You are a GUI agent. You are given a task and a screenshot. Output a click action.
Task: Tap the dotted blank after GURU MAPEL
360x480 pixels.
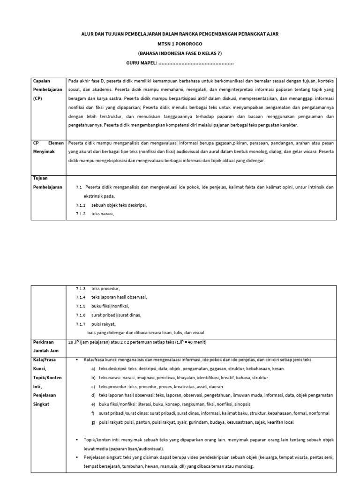[196, 63]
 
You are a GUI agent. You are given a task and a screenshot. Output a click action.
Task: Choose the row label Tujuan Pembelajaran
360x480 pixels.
[47, 182]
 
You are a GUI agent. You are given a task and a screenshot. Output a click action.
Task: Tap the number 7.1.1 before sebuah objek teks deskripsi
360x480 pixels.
[81, 205]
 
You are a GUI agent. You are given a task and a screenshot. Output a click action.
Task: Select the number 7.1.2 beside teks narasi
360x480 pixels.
[81, 214]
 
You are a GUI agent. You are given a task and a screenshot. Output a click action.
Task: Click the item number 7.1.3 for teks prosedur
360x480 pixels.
[81, 289]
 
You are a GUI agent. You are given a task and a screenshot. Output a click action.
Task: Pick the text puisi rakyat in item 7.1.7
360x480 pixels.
[104, 324]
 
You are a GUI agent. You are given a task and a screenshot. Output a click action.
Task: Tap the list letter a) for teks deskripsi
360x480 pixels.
[94, 368]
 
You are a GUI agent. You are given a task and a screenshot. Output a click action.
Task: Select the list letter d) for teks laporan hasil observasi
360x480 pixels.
[94, 395]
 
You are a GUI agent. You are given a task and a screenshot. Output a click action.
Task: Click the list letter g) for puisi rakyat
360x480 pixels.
[94, 422]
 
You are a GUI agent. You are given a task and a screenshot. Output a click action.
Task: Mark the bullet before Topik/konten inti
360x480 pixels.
[77, 439]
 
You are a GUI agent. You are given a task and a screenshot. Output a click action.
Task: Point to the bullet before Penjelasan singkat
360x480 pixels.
[77, 457]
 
